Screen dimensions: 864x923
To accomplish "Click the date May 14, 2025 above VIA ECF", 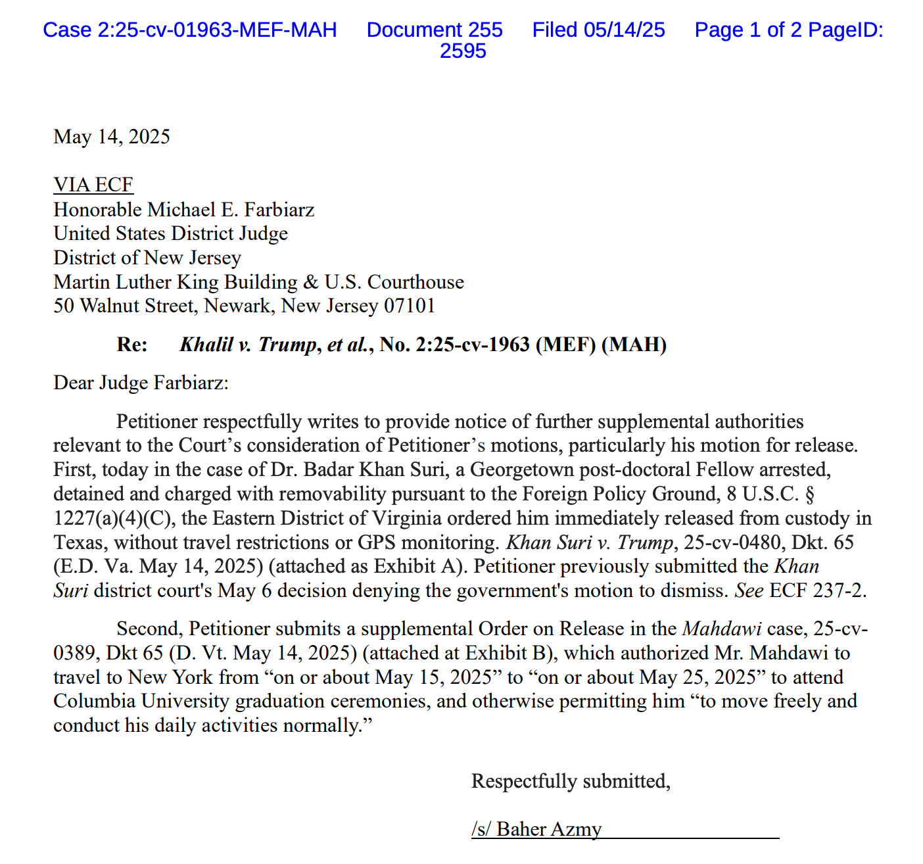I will [x=112, y=137].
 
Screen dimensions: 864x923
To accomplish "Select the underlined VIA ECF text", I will [x=93, y=185].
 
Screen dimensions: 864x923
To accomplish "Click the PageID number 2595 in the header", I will [x=463, y=51].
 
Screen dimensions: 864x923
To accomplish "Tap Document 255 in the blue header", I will [x=435, y=30].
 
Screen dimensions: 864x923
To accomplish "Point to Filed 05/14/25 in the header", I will [x=598, y=30].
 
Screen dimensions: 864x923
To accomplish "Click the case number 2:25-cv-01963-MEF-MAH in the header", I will [x=190, y=30].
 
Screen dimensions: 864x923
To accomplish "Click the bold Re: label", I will [x=132, y=345].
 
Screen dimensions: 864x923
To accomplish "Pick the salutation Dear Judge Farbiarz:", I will [x=141, y=383].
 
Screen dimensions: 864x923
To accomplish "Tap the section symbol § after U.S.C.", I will [x=810, y=494].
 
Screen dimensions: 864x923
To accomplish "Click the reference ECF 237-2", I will [x=818, y=590].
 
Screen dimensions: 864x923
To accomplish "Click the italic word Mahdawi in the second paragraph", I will [x=722, y=629].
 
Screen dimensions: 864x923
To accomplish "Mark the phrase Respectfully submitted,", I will [x=571, y=781].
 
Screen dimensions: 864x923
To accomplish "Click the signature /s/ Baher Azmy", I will [x=536, y=829].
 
